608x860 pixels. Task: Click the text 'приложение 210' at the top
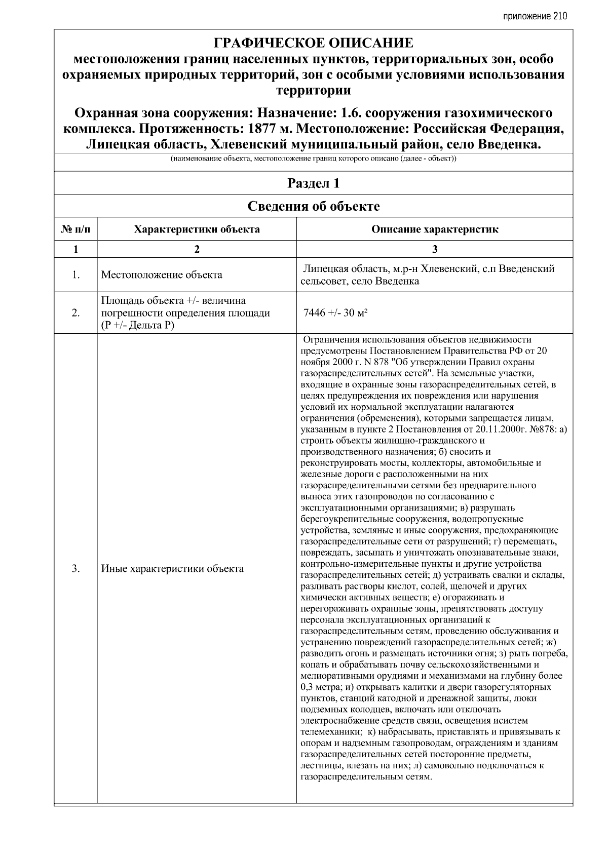pyautogui.click(x=535, y=16)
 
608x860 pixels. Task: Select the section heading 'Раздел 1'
pyautogui.click(x=313, y=183)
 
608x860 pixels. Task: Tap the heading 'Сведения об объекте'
pyautogui.click(x=313, y=206)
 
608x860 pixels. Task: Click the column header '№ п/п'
pyautogui.click(x=75, y=229)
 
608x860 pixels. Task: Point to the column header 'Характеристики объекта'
pyautogui.click(x=197, y=229)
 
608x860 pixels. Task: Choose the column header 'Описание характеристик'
pyautogui.click(x=434, y=229)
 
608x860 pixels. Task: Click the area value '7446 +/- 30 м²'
pyautogui.click(x=335, y=312)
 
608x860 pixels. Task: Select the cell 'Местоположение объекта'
pyautogui.click(x=162, y=275)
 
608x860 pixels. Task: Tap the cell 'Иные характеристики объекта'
pyautogui.click(x=172, y=568)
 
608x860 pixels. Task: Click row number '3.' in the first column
pyautogui.click(x=75, y=568)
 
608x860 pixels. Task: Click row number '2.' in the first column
pyautogui.click(x=75, y=312)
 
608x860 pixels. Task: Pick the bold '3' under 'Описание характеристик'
pyautogui.click(x=434, y=249)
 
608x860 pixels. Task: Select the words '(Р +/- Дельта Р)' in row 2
pyautogui.click(x=137, y=325)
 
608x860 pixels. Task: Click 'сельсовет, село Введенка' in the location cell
pyautogui.click(x=359, y=281)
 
